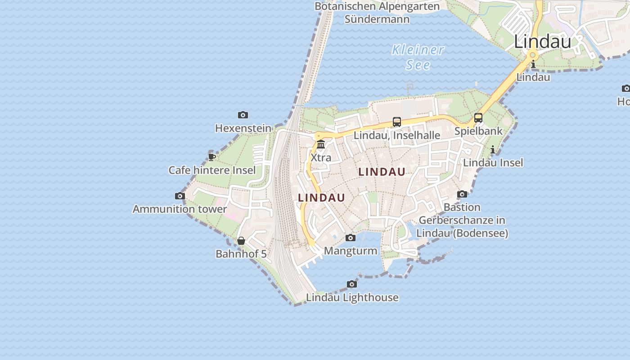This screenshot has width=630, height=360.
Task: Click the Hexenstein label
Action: point(243,128)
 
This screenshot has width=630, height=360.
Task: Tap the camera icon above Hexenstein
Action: point(243,115)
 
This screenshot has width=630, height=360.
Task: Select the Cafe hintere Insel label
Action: point(212,170)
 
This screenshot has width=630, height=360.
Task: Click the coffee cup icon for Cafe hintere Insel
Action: point(211,157)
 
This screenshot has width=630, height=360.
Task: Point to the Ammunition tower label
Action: point(180,209)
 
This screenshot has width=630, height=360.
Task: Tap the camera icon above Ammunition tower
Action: point(180,196)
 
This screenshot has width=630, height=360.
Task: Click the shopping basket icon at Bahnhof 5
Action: point(241,241)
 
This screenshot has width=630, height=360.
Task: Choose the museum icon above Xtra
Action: point(321,144)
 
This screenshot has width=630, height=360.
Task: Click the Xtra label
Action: point(321,157)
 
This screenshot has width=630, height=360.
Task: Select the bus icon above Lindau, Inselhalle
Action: point(396,121)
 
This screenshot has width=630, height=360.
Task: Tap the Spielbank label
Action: point(478,131)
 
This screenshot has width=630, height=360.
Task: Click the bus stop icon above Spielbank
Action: point(478,118)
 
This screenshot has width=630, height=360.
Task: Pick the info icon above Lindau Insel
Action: point(493,149)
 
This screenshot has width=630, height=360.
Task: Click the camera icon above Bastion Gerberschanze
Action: point(462,194)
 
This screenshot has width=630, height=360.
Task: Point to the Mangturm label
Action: point(351,251)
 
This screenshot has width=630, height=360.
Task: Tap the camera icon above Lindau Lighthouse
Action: point(352,284)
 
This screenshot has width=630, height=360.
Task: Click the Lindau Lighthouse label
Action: point(352,297)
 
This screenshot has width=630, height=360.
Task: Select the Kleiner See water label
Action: point(418,57)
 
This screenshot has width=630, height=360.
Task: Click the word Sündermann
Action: point(377,19)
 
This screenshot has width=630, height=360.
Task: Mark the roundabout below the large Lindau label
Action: point(533,55)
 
